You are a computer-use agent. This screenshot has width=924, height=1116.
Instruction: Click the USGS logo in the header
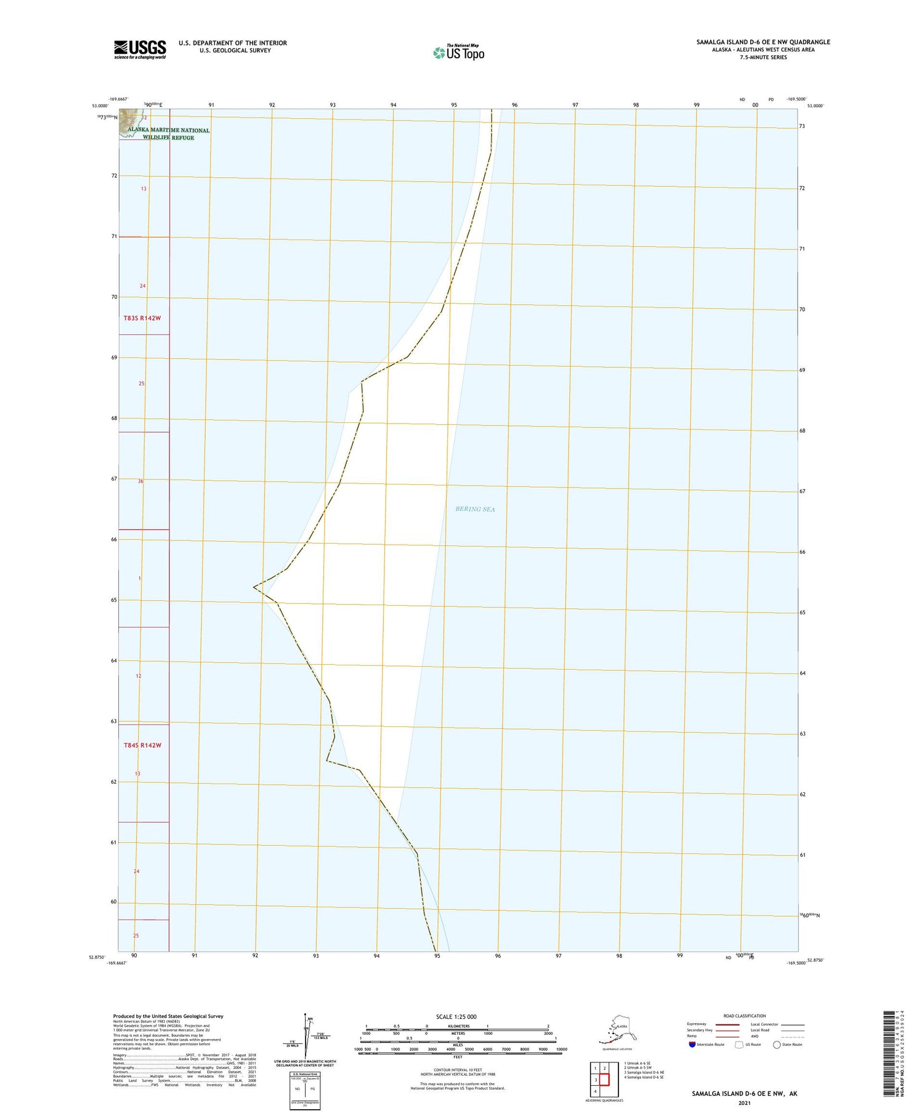(140, 49)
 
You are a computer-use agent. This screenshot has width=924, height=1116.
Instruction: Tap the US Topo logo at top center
(459, 53)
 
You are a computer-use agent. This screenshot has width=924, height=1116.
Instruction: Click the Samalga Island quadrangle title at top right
(763, 42)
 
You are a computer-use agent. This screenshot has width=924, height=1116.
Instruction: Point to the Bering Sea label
(475, 509)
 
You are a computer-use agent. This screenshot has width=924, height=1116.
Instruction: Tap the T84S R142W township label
(142, 745)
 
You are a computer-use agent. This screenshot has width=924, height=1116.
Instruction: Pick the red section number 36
(140, 481)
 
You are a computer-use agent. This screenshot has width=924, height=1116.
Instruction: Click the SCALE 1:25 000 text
(456, 1016)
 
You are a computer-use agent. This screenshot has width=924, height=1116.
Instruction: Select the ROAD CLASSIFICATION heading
(745, 1016)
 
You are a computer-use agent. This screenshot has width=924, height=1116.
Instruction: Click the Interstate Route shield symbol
(692, 1044)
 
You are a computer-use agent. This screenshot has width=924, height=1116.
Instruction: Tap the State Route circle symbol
(777, 1044)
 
